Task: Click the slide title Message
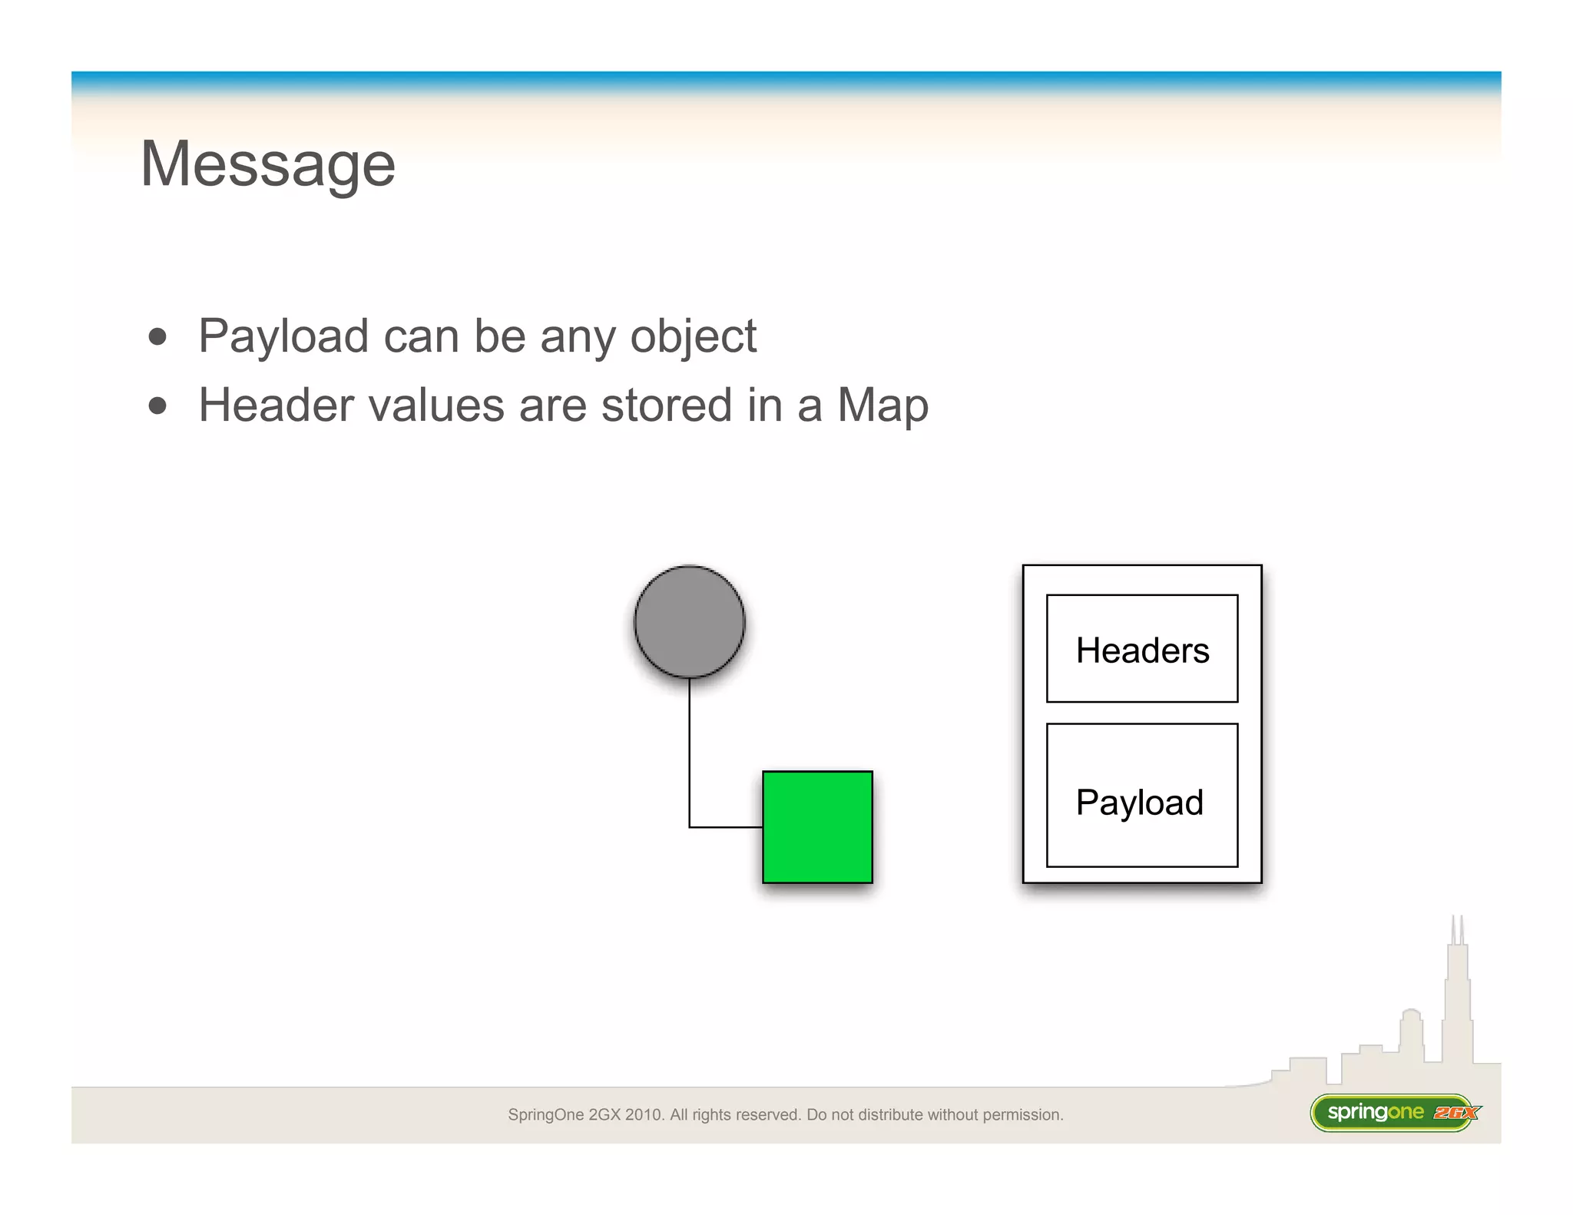click(x=267, y=164)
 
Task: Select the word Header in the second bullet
click(x=275, y=405)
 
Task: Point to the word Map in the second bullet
click(x=883, y=405)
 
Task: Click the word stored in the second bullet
click(x=666, y=405)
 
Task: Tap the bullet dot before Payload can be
click(x=157, y=337)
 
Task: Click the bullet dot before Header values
click(x=157, y=406)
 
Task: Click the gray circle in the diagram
click(x=689, y=621)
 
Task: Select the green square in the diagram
click(x=817, y=826)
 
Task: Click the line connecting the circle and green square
click(x=690, y=753)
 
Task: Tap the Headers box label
click(x=1142, y=650)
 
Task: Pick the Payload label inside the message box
click(x=1140, y=802)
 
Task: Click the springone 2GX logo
click(x=1395, y=1112)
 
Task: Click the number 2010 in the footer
click(x=643, y=1114)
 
